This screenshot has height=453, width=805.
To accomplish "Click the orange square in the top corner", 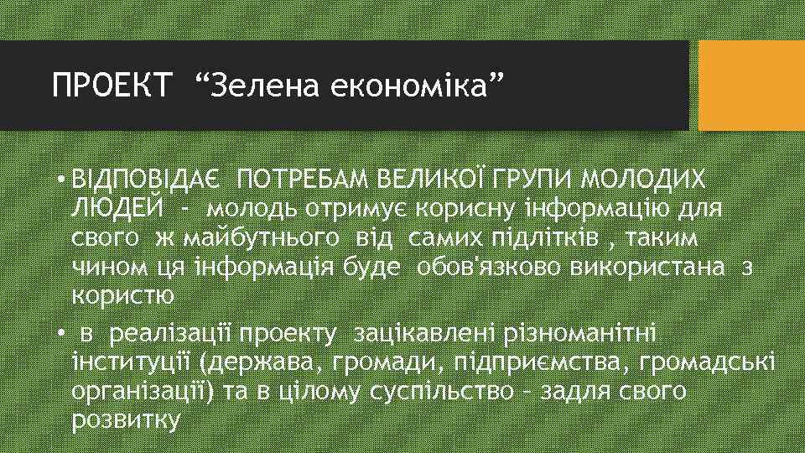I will click(x=751, y=85).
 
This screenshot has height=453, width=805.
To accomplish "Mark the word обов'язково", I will click(x=488, y=267).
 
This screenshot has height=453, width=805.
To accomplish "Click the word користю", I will click(x=123, y=296).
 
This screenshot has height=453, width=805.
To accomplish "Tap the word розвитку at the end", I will click(x=126, y=420).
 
